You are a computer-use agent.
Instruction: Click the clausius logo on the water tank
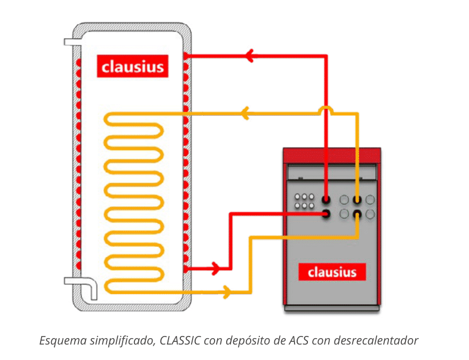133,67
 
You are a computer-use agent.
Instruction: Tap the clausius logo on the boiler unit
332,272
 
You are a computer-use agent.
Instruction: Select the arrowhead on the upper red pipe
249,55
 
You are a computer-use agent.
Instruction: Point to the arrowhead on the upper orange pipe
244,113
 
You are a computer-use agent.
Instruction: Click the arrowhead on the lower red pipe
215,268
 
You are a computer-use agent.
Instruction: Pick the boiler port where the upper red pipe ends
327,199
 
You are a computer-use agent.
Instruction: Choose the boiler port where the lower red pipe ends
327,214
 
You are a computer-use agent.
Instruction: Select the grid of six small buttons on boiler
304,201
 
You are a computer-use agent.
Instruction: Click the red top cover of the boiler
331,155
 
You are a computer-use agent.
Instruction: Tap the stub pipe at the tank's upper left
71,41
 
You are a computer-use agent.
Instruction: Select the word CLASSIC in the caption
179,340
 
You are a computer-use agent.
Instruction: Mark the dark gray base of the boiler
331,308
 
